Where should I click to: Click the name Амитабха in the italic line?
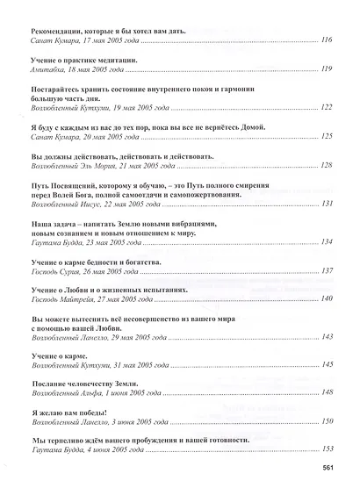pos(42,68)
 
